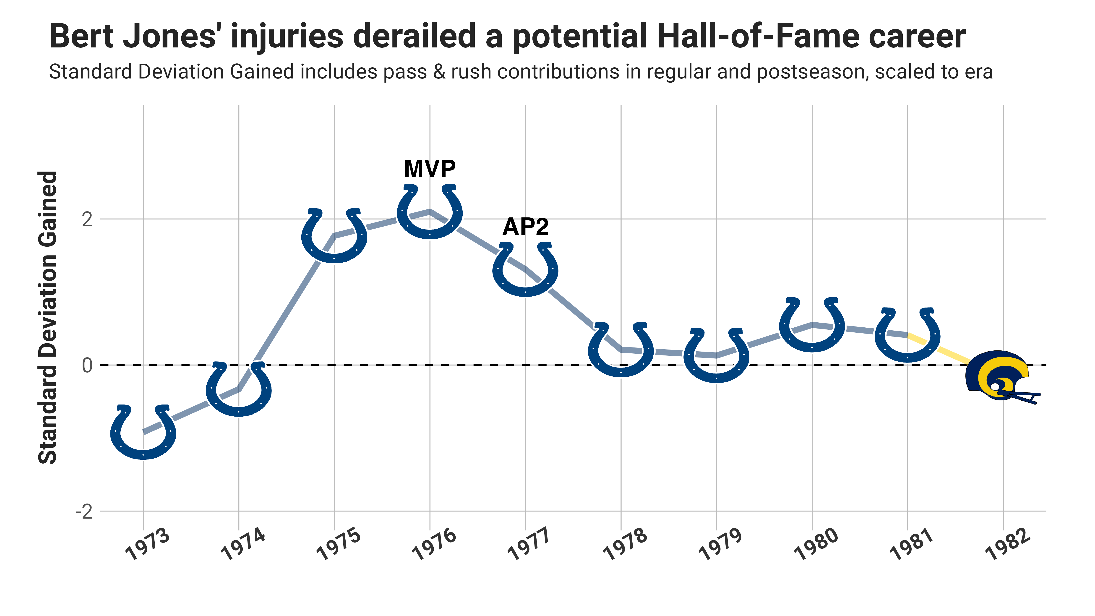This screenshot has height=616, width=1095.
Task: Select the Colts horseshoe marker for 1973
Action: point(143,433)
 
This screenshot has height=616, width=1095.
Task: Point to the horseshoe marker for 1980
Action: point(812,325)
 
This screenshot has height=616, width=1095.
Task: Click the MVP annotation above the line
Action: point(430,169)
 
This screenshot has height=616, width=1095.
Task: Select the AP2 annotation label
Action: point(525,227)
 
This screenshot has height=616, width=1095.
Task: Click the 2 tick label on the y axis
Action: point(87,219)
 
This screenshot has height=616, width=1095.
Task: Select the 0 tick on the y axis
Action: point(87,365)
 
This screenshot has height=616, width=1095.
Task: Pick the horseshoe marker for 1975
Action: point(334,236)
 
